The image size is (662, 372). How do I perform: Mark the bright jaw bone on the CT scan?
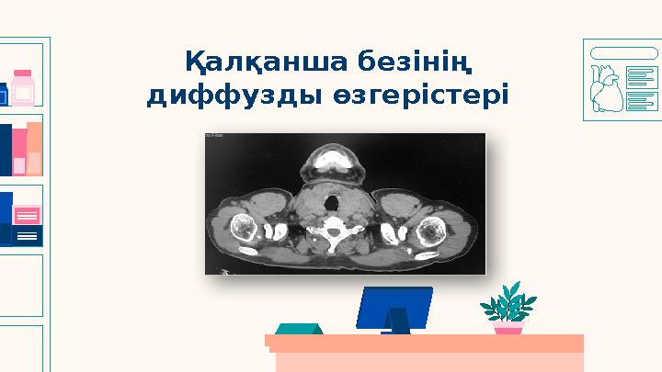332,166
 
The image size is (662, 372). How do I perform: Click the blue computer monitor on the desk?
394,303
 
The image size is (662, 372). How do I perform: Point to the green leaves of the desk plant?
508,300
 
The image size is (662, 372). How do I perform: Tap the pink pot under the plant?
508,326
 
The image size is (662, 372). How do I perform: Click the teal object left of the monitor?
300,328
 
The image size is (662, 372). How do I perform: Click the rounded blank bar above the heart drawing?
623,52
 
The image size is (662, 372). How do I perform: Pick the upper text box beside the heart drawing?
641,77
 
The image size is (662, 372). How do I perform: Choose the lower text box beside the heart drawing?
641,100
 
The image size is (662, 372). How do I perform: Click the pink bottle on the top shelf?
22,87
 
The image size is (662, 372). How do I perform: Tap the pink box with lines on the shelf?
28,216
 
